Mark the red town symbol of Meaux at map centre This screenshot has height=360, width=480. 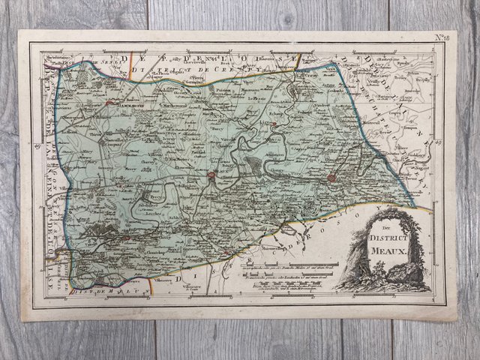(211, 178)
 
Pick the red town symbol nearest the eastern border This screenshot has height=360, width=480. (331, 178)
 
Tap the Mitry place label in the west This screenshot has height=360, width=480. (88, 149)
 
